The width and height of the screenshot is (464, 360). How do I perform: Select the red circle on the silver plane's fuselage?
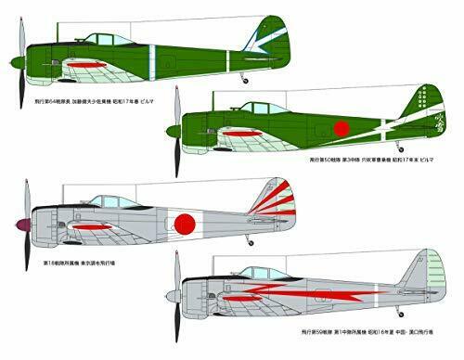click(187, 222)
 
